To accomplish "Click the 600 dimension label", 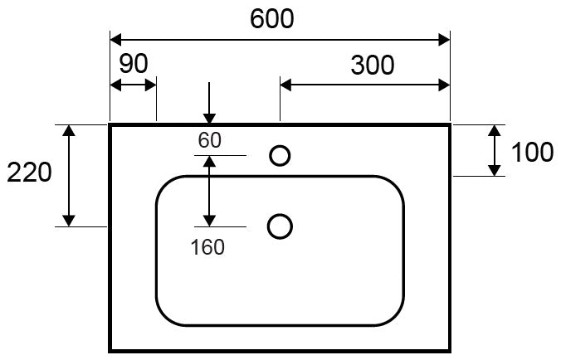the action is pos(272,19).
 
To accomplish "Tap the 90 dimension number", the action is pos(134,64).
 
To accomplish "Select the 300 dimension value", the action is pos(373,66).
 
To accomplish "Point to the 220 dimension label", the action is pos(29,173).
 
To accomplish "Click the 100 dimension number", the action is pos(532,153).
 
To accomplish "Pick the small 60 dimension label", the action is pos(210,140).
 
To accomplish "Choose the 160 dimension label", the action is pos(207,247).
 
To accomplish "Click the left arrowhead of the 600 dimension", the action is pos(115,40).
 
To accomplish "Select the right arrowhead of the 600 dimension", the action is pos(444,40).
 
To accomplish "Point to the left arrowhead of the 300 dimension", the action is pos(285,85).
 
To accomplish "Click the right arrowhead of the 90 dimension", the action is pos(151,85).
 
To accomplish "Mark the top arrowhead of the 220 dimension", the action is pos(69,130).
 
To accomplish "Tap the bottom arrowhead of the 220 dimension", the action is pos(69,221).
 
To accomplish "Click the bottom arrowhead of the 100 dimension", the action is pos(495,171).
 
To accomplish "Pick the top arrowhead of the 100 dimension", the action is pos(495,130).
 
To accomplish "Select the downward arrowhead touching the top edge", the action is pos(209,119).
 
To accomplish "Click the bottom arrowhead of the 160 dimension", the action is pos(209,221).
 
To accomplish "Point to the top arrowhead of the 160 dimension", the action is pos(209,162).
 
